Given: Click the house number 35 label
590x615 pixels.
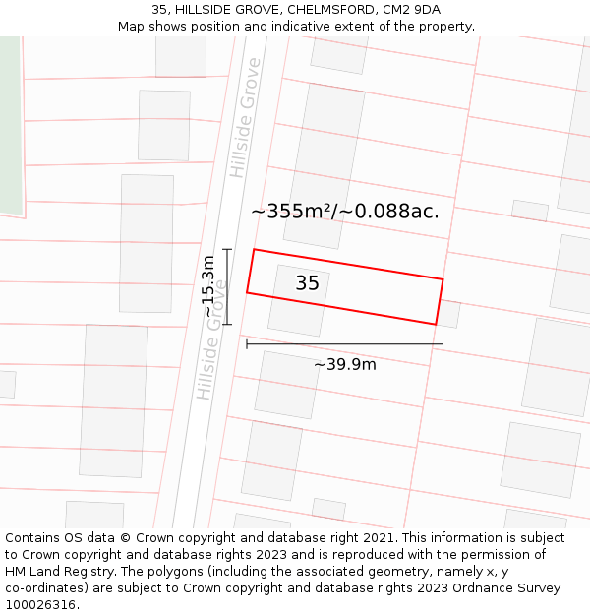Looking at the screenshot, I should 307,283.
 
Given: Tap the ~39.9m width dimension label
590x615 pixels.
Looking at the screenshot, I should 345,364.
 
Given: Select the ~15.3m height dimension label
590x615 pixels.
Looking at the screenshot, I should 208,286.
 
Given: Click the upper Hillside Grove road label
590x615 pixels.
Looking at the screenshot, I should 246,118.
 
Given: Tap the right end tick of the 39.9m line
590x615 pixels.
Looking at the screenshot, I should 443,343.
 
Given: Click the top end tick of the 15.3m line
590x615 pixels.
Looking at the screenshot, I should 227,250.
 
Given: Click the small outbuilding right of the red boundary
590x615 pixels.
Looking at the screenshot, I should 448,314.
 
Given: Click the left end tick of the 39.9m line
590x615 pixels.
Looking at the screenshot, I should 246,343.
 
